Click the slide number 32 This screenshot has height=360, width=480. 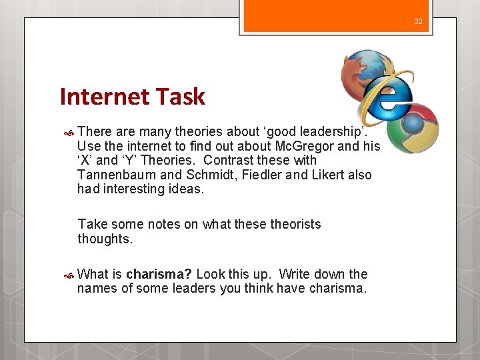pyautogui.click(x=418, y=21)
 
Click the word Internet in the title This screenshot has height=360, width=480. pyautogui.click(x=103, y=97)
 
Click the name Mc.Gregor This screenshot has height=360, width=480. pyautogui.click(x=307, y=146)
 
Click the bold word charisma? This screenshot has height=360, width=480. pyautogui.click(x=159, y=274)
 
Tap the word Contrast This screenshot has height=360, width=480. pyautogui.click(x=229, y=161)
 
